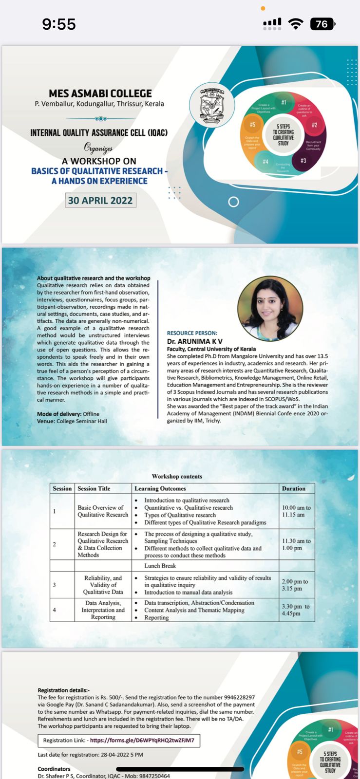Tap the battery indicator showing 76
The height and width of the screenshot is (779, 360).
pos(322,24)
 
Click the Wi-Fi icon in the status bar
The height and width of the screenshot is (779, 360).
pos(295,24)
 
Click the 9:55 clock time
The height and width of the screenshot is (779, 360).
pos(59,24)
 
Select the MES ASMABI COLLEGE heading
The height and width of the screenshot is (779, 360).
pos(100,93)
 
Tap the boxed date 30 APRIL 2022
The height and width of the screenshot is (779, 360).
pos(100,200)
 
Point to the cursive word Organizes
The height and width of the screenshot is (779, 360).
pos(98,148)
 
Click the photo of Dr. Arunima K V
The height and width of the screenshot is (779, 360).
pos(270,309)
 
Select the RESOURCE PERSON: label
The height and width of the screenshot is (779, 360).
pos(192,333)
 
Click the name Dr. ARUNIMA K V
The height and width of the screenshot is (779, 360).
pos(195,341)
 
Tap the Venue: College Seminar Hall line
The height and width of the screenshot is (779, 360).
pos(72,421)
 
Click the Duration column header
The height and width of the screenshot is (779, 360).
pos(293,488)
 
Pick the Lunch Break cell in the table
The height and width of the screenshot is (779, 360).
pos(160,566)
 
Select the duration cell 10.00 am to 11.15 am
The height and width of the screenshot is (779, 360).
pos(296,511)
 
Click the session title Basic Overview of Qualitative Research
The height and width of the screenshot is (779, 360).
pos(103,511)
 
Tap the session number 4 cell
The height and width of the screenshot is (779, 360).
pos(54,610)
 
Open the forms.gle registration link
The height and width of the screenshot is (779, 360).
pos(142,740)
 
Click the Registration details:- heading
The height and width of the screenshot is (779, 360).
pos(64,690)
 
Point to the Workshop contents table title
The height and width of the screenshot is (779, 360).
pos(177,476)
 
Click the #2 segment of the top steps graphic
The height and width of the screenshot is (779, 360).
pos(314,126)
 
